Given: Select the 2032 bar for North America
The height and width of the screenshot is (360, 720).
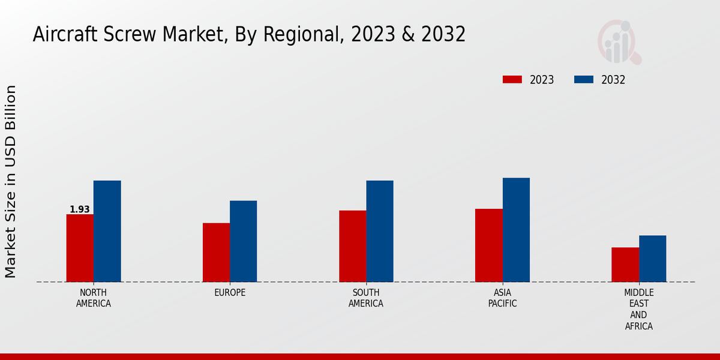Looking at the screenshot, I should click(x=107, y=231).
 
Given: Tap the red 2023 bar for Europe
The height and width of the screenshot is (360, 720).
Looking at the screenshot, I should click(x=216, y=252).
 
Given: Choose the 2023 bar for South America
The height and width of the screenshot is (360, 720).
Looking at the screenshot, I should click(x=352, y=246).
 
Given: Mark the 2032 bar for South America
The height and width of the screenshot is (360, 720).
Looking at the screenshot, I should click(x=380, y=231).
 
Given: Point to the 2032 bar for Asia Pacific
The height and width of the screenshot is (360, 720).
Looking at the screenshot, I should click(x=516, y=230).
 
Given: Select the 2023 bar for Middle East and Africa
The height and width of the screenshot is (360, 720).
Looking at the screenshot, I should click(x=625, y=265).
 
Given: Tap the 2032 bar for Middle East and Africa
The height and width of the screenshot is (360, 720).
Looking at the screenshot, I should click(x=652, y=259).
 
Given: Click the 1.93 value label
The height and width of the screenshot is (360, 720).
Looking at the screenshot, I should click(x=80, y=209).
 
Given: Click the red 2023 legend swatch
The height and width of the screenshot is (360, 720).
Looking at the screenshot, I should click(x=512, y=80).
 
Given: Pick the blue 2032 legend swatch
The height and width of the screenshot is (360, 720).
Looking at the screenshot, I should click(x=584, y=80).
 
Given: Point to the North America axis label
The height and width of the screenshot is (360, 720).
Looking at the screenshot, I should click(x=94, y=298).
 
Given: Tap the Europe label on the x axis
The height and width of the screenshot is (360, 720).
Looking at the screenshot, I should click(x=230, y=293).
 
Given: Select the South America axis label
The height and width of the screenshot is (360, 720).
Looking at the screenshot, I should click(x=366, y=298).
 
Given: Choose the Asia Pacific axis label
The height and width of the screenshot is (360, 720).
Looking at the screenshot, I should click(x=502, y=298).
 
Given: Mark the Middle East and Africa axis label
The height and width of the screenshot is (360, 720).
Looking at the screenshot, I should click(x=638, y=310).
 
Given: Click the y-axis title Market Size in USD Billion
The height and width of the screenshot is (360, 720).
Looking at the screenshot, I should click(x=11, y=181).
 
